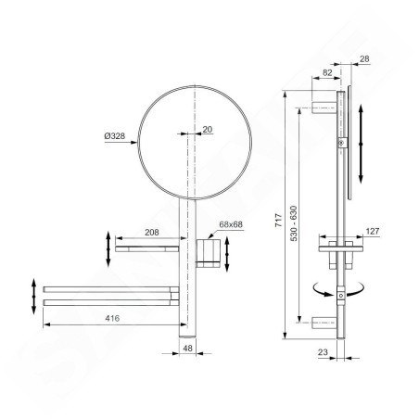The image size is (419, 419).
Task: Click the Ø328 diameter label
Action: point(115,136)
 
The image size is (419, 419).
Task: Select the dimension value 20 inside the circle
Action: point(208,129)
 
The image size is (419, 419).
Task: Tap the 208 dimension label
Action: point(152,232)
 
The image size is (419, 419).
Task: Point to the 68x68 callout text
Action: point(231,224)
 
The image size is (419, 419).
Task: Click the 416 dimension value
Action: point(112,318)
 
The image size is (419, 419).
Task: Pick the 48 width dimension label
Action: point(187,349)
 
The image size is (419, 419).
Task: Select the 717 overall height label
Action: point(279,221)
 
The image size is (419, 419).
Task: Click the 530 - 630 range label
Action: point(294,223)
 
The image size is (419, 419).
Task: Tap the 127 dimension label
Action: point(373,231)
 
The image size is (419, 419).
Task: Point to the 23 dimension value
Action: point(323,352)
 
